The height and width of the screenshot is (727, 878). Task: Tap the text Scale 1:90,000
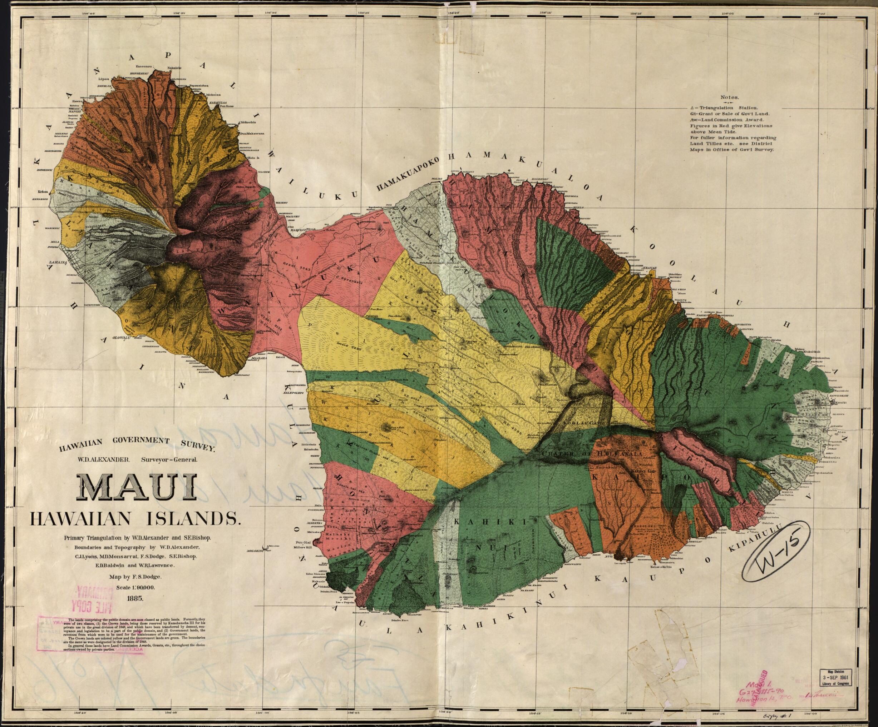(135, 587)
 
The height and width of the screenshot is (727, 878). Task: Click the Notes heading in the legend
(730, 98)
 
